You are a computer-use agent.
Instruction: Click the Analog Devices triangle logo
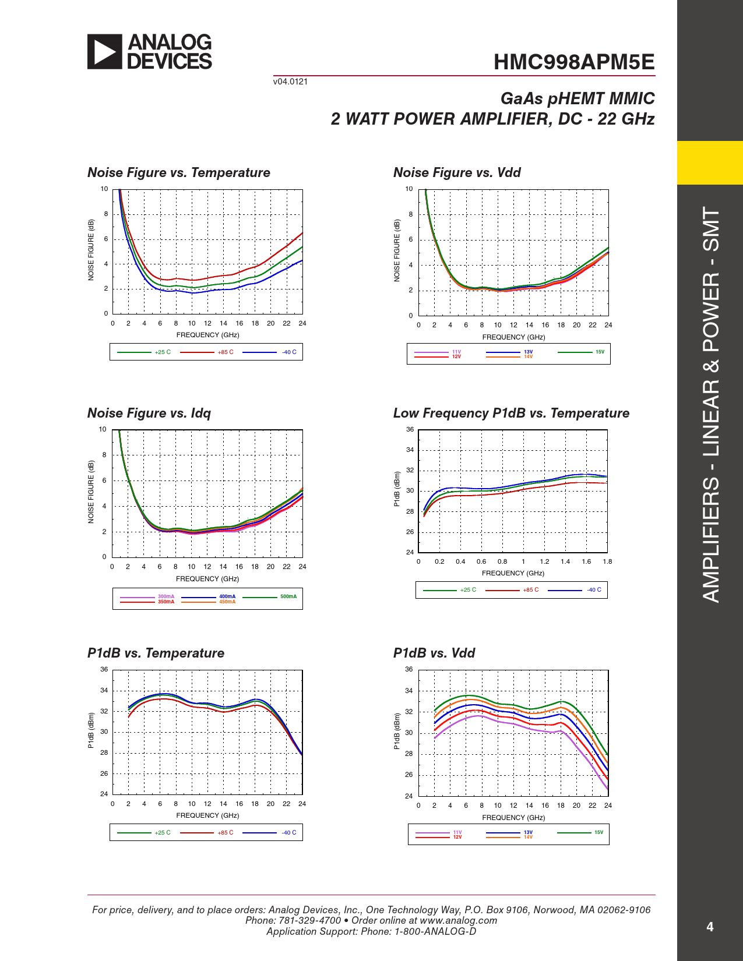pyautogui.click(x=105, y=52)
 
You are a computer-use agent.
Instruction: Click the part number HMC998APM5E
pyautogui.click(x=573, y=62)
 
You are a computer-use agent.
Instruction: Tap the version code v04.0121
pyautogui.click(x=290, y=82)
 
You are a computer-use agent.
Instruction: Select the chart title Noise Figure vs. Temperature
pyautogui.click(x=178, y=172)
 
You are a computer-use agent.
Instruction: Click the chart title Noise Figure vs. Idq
pyautogui.click(x=149, y=413)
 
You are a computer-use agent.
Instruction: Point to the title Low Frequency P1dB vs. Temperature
pyautogui.click(x=511, y=413)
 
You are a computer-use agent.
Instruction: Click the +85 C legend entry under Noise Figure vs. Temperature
pyautogui.click(x=225, y=352)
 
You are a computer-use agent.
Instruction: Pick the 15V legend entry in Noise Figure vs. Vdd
pyautogui.click(x=600, y=352)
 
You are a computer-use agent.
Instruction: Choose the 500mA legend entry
pyautogui.click(x=288, y=596)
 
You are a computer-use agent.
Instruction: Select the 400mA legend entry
pyautogui.click(x=227, y=596)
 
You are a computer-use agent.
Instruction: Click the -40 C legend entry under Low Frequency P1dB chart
pyautogui.click(x=594, y=590)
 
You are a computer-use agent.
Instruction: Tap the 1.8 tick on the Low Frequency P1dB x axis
pyautogui.click(x=607, y=561)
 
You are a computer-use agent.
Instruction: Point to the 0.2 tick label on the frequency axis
pyautogui.click(x=439, y=561)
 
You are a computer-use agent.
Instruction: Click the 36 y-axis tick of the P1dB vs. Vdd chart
pyautogui.click(x=409, y=669)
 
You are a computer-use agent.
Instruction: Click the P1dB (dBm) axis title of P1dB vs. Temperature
pyautogui.click(x=91, y=730)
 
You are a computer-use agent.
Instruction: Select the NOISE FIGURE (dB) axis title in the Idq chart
pyautogui.click(x=91, y=492)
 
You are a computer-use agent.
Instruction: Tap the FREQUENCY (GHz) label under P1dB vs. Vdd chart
pyautogui.click(x=513, y=818)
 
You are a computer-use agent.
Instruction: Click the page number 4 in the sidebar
pyautogui.click(x=709, y=927)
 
